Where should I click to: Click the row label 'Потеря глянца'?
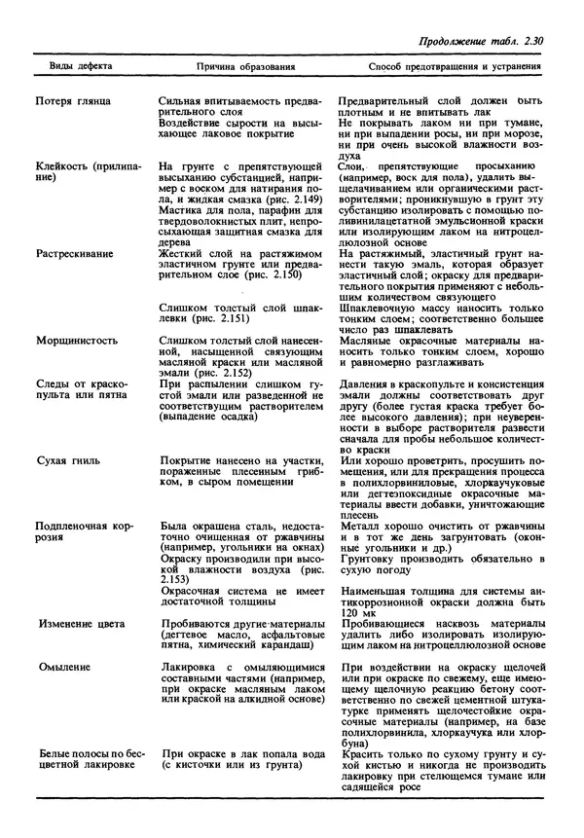point(73,101)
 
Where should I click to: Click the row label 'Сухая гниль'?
point(71,456)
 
